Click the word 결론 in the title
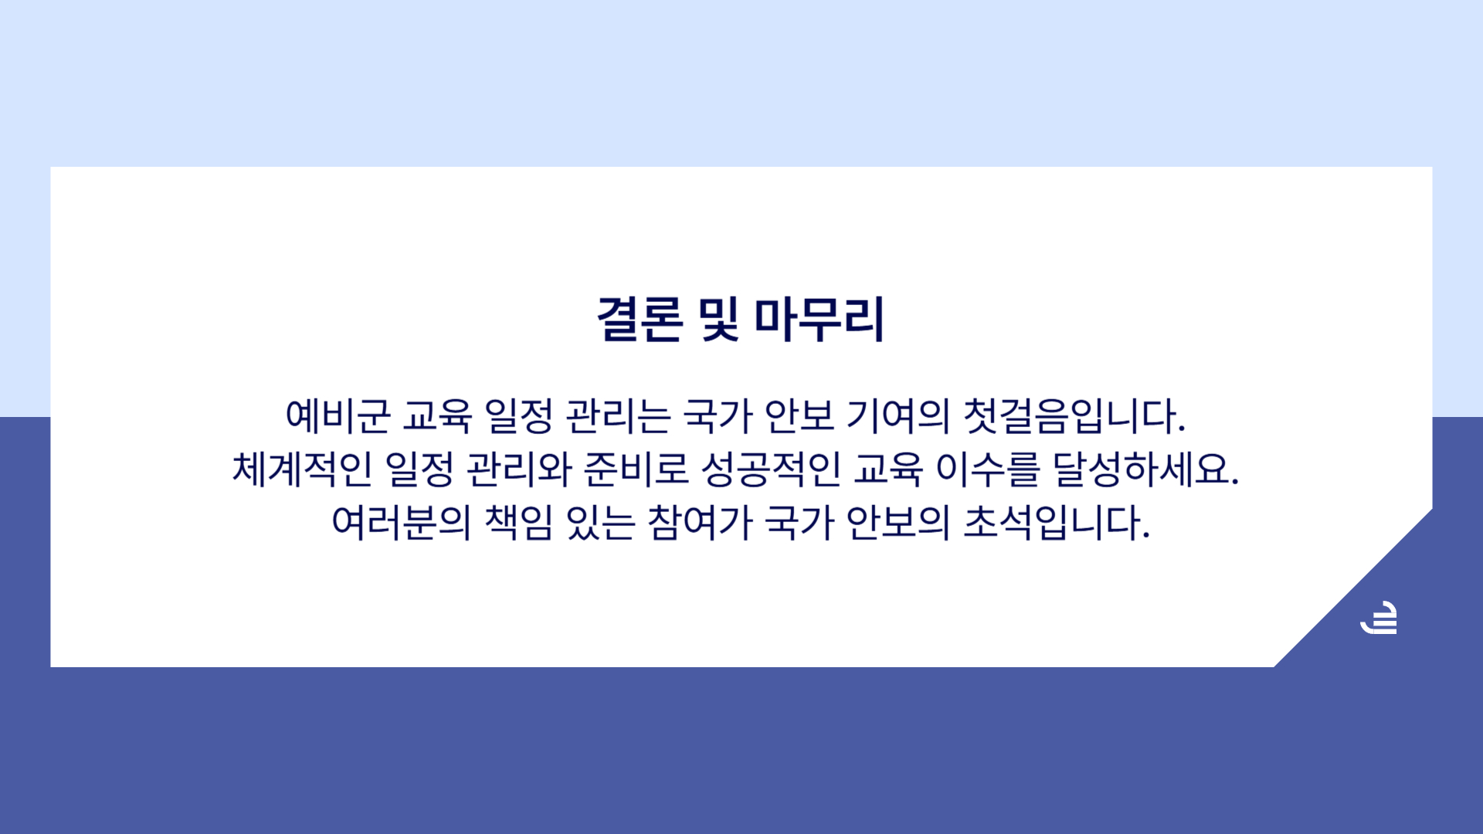pos(640,319)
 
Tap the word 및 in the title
pos(718,319)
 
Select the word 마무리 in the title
pos(819,319)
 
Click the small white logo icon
pos(1379,618)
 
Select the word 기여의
pos(898,415)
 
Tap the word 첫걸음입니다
pos(1074,415)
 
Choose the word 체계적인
pos(302,469)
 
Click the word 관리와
pos(519,469)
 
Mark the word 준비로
pos(636,469)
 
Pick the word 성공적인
pos(771,469)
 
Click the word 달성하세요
pos(1146,469)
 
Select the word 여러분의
pos(401,522)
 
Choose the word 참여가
pos(700,522)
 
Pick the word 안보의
pos(898,522)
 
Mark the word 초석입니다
pos(1057,522)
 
